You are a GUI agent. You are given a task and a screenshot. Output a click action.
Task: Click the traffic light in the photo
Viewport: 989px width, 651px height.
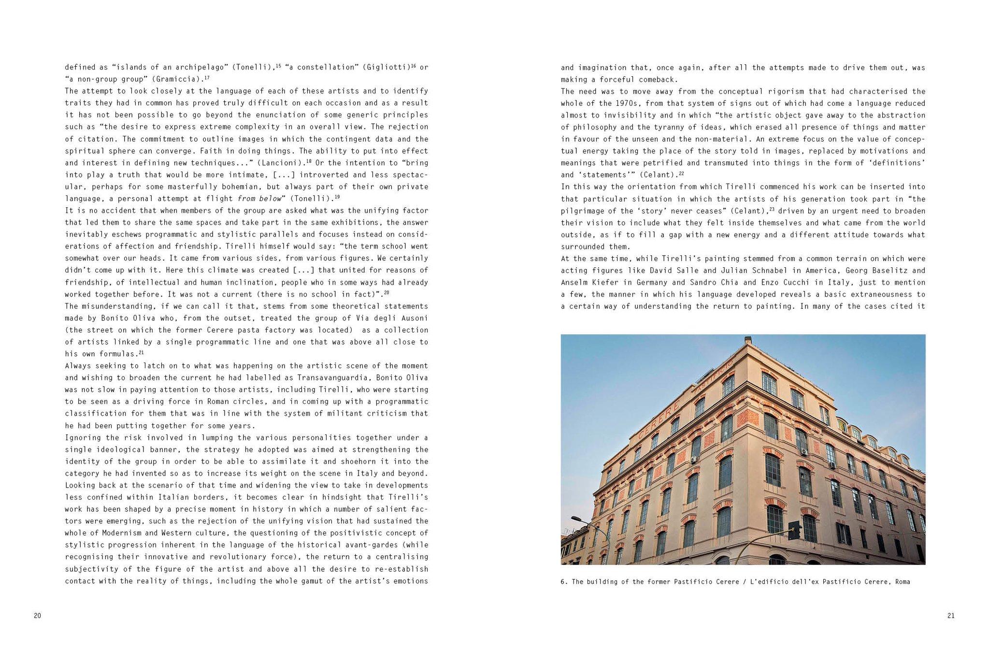coord(793,530)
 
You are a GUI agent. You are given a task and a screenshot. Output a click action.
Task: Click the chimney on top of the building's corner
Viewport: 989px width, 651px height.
coord(748,340)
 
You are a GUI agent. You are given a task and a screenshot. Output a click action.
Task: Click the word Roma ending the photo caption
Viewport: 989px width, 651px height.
coord(902,582)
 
